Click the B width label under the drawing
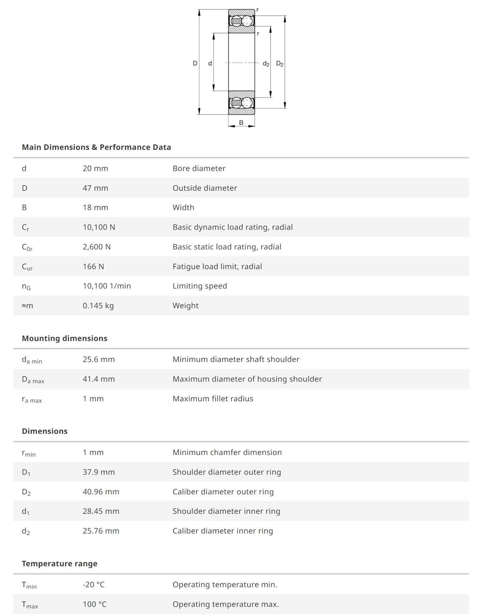241,122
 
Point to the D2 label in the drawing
280,64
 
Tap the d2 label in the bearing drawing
266,64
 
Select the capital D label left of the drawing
195,63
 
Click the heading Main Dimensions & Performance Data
96,147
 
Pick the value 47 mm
95,188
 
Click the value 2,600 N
97,247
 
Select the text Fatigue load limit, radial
217,267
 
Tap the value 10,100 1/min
107,286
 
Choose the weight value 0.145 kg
98,306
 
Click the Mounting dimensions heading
65,339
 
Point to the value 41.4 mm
99,379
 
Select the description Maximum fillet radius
213,399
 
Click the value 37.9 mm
99,472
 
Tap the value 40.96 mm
101,492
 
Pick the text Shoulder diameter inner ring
226,511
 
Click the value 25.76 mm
101,531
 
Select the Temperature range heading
59,564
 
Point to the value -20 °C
94,584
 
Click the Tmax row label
30,605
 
